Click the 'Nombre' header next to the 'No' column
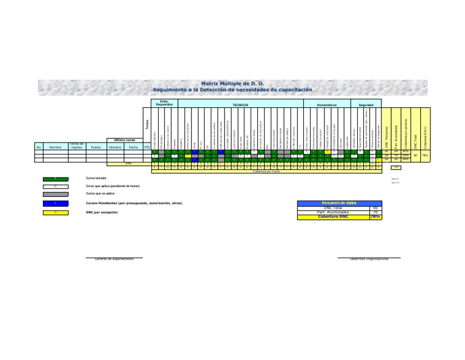coord(56,147)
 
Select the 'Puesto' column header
coord(96,147)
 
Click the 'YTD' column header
coord(147,147)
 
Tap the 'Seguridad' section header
coord(366,105)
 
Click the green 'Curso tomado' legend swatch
coord(54,179)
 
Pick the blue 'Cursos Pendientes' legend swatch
coord(54,202)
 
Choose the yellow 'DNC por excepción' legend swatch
coord(54,213)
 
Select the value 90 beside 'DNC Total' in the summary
coord(375,208)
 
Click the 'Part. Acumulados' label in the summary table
coord(333,212)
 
